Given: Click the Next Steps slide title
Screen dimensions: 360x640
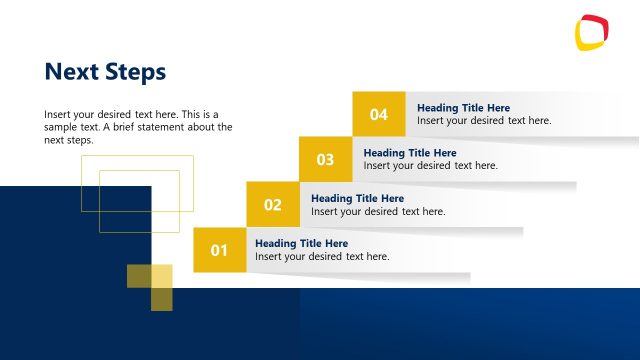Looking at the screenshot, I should click(x=105, y=72).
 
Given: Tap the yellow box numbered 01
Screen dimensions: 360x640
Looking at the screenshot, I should click(x=219, y=249).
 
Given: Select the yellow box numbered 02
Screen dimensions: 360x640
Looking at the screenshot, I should click(x=273, y=205).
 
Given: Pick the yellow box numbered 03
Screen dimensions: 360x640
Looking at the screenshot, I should click(x=325, y=159).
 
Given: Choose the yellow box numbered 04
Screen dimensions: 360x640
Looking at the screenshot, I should click(x=379, y=114).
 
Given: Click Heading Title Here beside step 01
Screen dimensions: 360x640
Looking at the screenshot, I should click(x=301, y=243).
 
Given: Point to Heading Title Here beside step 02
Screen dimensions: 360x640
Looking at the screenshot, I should click(x=357, y=198).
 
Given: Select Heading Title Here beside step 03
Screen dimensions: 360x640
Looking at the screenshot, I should click(x=410, y=153).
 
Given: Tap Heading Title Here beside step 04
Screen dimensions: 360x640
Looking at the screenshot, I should click(x=463, y=108).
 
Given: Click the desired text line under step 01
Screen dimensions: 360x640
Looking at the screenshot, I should click(x=322, y=257).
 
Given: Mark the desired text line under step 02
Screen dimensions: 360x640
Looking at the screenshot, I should click(x=378, y=212).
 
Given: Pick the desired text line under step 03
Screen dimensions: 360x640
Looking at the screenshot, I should click(x=430, y=166).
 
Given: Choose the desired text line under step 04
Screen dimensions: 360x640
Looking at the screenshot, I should click(x=484, y=121).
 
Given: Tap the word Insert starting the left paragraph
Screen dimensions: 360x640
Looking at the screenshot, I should click(x=58, y=114).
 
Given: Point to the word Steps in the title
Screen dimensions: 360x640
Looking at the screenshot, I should click(x=135, y=72).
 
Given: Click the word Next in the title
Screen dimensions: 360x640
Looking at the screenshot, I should click(x=70, y=72).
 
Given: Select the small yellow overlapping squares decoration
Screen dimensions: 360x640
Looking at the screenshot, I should click(x=150, y=287).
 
